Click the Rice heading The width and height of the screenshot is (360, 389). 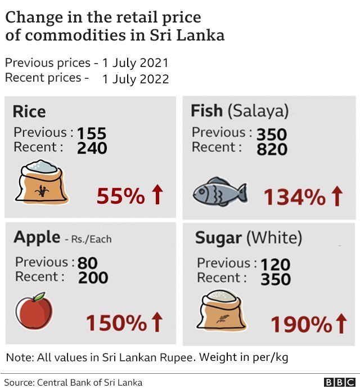[x=29, y=111]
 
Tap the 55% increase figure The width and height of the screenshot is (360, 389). [x=121, y=196]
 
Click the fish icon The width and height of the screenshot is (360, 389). [x=219, y=191]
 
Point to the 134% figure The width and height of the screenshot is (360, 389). [x=294, y=197]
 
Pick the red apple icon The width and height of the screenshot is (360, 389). [x=34, y=312]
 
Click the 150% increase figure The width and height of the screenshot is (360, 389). [x=116, y=323]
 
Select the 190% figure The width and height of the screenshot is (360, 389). [x=301, y=325]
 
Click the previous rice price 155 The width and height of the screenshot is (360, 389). [x=92, y=133]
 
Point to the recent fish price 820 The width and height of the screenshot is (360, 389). [x=272, y=149]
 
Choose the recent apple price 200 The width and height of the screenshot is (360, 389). [x=93, y=278]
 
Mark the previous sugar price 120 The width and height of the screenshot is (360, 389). [x=275, y=264]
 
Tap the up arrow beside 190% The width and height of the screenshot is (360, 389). [x=341, y=324]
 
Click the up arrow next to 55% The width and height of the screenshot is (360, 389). [x=157, y=195]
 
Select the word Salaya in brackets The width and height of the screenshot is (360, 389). [x=258, y=111]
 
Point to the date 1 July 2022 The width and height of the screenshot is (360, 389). [x=135, y=79]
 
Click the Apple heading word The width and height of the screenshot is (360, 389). [x=37, y=238]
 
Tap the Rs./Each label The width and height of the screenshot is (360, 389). [x=91, y=239]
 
